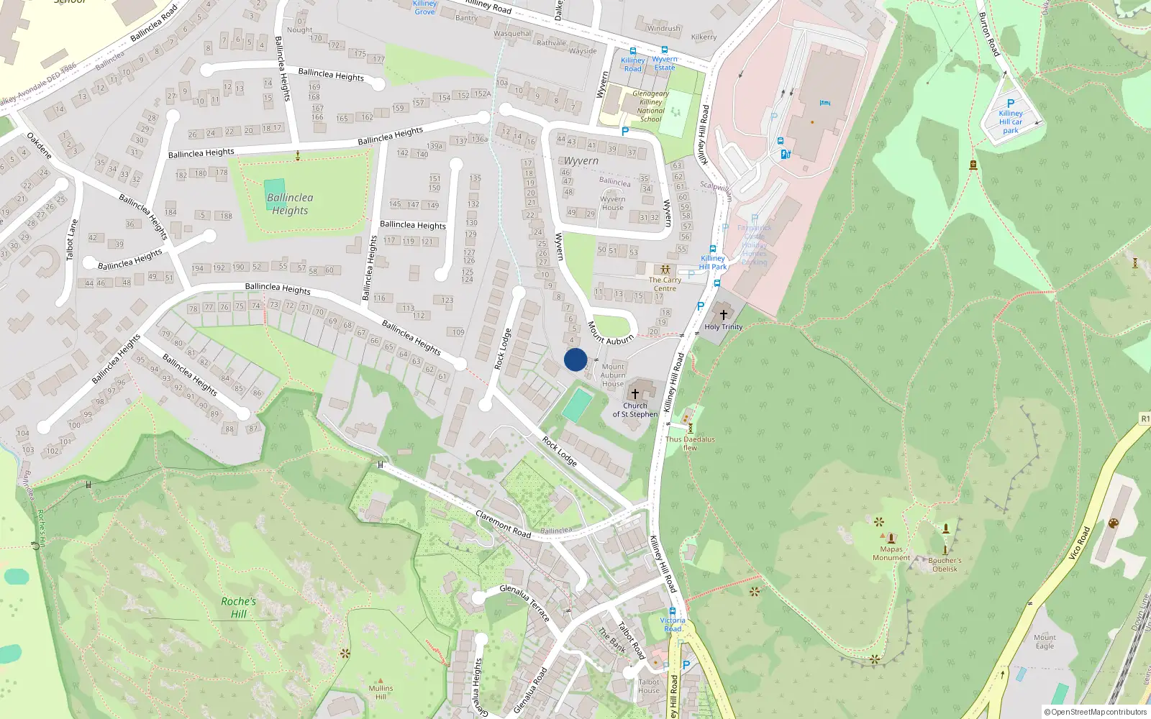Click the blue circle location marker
[575, 359]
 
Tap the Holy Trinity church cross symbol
[724, 314]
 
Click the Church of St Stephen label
[634, 410]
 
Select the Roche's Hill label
[238, 608]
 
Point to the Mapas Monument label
[891, 554]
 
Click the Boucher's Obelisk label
[945, 564]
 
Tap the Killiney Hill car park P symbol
[1011, 104]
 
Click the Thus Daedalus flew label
[690, 443]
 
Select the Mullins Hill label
[381, 692]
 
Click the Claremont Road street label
[503, 524]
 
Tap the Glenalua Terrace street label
[524, 603]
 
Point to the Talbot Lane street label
[71, 239]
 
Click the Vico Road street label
[1079, 544]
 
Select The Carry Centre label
[665, 284]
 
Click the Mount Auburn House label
[613, 375]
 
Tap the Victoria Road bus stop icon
[673, 611]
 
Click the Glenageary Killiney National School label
[650, 106]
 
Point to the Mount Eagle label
[1045, 641]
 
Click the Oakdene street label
[40, 146]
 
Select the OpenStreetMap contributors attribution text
[1096, 713]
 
